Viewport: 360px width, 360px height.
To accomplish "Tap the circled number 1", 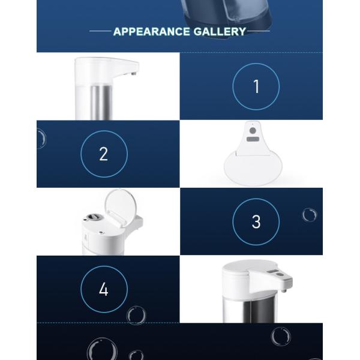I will [256, 86].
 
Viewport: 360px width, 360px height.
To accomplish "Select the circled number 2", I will [104, 154].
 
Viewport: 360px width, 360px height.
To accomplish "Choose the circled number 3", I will [256, 221].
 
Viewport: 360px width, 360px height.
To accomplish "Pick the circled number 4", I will [104, 289].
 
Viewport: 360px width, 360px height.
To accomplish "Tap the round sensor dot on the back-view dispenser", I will [253, 130].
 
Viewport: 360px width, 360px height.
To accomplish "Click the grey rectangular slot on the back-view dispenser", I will [253, 139].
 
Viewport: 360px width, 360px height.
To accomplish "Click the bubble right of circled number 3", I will [309, 215].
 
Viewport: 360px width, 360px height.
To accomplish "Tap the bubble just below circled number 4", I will [136, 315].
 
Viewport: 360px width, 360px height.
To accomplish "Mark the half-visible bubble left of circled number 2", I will [40, 139].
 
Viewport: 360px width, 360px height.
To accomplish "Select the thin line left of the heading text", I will [100, 31].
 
